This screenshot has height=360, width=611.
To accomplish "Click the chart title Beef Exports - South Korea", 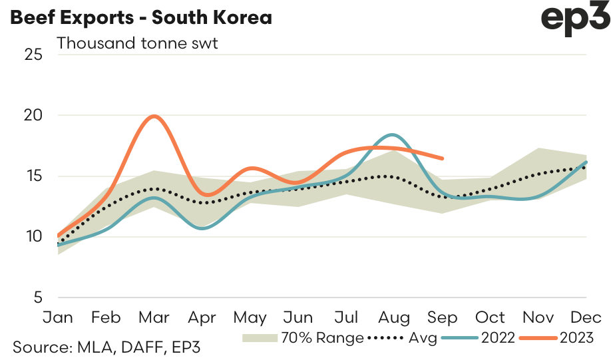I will [140, 17].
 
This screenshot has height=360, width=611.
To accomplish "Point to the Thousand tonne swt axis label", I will [138, 43].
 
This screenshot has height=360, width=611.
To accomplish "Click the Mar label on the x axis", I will [154, 317].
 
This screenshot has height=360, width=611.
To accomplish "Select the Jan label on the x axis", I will [59, 317].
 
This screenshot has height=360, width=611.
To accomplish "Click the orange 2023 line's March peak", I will [154, 116].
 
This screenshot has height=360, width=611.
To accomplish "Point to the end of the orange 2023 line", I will [443, 158].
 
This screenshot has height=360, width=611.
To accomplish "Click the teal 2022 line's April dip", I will [203, 228].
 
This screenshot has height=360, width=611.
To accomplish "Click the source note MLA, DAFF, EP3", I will [107, 347].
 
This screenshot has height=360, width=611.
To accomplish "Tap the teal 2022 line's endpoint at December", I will [586, 162].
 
